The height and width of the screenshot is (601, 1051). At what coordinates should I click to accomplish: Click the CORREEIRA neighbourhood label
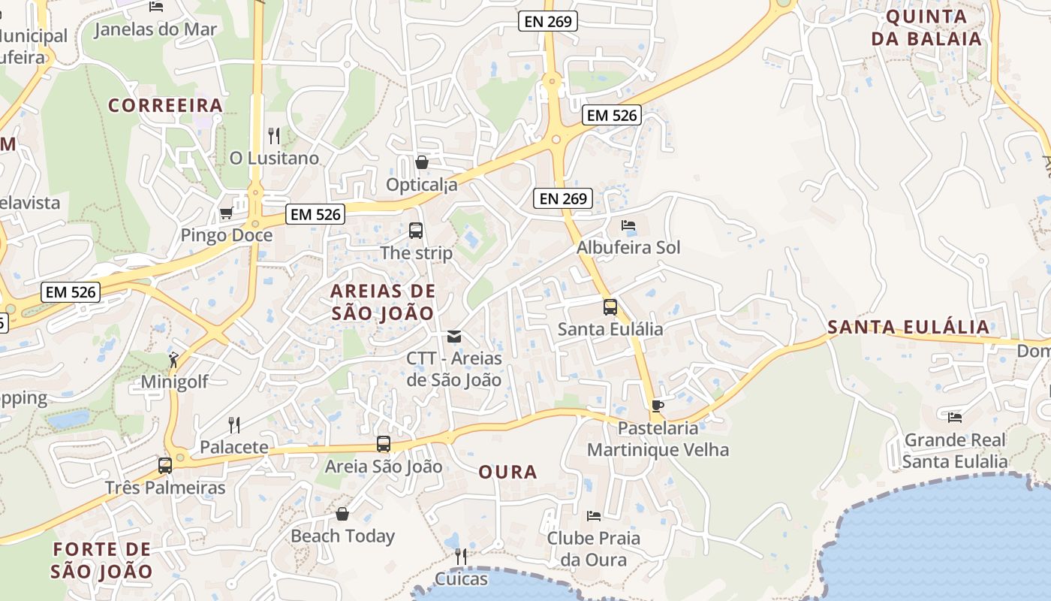(x=166, y=105)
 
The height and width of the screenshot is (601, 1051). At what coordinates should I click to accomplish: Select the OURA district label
(x=508, y=473)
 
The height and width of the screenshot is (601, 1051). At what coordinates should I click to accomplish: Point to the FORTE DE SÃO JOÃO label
(x=101, y=560)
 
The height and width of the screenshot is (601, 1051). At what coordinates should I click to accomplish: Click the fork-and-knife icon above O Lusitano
(x=274, y=136)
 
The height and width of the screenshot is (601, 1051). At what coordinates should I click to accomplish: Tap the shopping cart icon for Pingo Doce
(x=226, y=213)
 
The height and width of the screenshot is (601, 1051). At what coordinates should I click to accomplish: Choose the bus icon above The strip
(x=415, y=231)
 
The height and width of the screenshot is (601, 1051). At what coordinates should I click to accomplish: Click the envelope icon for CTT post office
(x=453, y=336)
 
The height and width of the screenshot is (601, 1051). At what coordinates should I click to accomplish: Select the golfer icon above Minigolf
(x=174, y=360)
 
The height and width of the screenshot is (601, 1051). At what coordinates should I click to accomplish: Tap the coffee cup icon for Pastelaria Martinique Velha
(x=658, y=406)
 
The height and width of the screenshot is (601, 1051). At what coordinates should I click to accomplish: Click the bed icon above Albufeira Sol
(x=628, y=225)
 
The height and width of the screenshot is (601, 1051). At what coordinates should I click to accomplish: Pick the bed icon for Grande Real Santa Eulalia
(x=955, y=417)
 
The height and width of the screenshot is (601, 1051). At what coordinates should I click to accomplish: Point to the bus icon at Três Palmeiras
(x=165, y=466)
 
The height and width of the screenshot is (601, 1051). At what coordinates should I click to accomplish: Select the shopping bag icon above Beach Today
(x=342, y=514)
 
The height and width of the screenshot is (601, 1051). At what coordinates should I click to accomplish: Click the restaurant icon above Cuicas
(x=461, y=557)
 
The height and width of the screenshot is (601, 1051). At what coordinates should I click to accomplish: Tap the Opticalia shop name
(x=421, y=185)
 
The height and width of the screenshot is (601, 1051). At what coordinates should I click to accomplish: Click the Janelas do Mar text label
(x=155, y=30)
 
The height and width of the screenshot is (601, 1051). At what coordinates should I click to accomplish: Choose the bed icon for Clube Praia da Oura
(x=593, y=516)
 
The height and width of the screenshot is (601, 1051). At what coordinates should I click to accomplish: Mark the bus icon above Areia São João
(x=384, y=444)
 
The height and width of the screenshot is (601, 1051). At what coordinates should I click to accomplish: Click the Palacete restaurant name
(x=234, y=448)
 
